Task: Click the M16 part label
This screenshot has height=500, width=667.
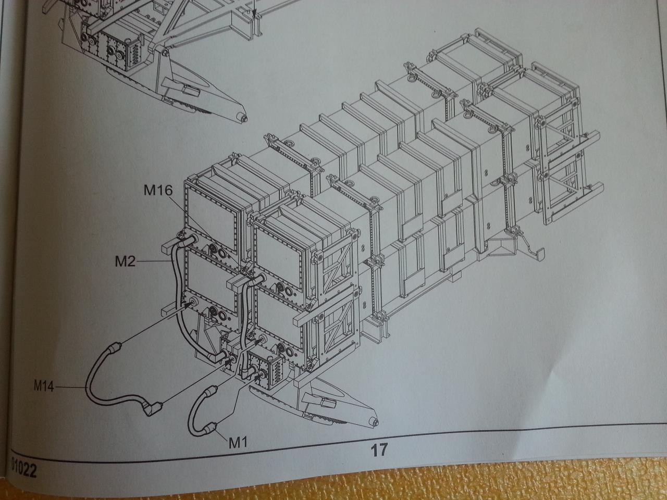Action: tap(158, 191)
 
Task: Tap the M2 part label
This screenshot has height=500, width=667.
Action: tap(125, 261)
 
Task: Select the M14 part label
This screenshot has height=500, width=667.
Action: tap(44, 387)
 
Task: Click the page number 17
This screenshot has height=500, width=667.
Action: tap(379, 450)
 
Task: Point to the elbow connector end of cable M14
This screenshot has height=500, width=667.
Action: tap(154, 408)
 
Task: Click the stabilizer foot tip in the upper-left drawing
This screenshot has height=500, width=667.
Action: tap(242, 117)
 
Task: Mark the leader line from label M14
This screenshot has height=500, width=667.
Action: tap(70, 387)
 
